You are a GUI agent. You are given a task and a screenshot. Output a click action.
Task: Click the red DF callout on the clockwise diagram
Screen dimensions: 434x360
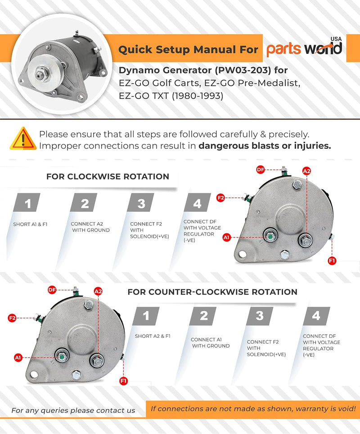pos(260,169)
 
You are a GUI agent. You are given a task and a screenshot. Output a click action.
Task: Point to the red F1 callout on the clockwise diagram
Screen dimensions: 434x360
pos(332,260)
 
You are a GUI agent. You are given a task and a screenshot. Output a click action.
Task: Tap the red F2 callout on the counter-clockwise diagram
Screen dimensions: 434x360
pos(12,318)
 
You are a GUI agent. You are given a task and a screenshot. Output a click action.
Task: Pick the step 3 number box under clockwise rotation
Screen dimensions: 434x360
pos(141,204)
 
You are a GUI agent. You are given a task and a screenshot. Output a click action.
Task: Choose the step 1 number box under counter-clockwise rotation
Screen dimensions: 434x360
pos(146,316)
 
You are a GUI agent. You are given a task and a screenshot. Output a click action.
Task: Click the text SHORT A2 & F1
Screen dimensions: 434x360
pos(153,336)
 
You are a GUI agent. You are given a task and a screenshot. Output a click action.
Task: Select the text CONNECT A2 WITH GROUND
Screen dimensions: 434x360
pos(90,227)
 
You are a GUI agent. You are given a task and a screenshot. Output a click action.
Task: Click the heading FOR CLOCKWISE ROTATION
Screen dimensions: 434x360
pos(108,177)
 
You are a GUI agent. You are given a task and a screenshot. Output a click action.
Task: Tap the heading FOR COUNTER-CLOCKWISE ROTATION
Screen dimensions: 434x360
pos(212,292)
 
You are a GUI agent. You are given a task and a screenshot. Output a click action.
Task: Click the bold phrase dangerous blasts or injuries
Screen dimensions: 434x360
pos(265,146)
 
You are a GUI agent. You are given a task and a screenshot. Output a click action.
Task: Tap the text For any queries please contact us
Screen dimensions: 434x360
pos(73,410)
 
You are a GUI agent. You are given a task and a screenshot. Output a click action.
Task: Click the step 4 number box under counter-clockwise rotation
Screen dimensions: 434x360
pos(316,316)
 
